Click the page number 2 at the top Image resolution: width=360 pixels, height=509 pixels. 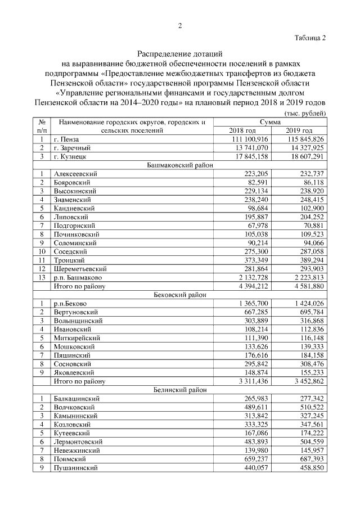[180, 25]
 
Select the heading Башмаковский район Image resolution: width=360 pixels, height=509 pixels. [180, 166]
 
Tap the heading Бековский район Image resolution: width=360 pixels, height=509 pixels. [180, 294]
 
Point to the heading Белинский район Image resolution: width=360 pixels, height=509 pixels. [180, 390]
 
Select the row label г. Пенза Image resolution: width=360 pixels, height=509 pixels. [67, 139]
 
